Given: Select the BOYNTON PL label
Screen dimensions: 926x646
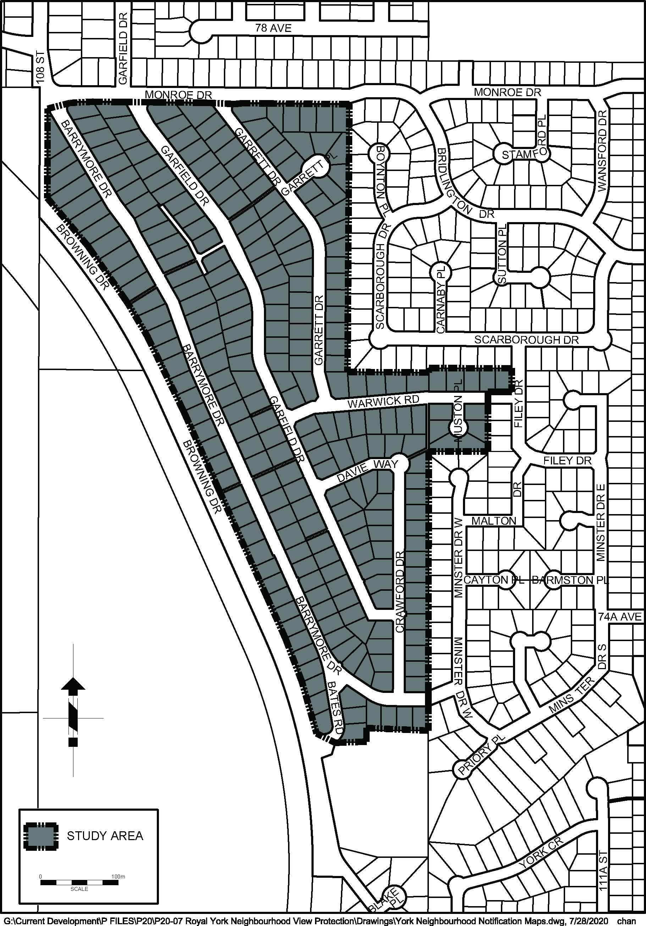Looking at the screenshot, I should pyautogui.click(x=381, y=177).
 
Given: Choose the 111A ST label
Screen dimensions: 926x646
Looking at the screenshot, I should pyautogui.click(x=602, y=882).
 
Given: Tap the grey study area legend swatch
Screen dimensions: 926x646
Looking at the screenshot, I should pyautogui.click(x=41, y=835).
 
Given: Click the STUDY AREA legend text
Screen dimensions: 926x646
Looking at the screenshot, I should pyautogui.click(x=105, y=836).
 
